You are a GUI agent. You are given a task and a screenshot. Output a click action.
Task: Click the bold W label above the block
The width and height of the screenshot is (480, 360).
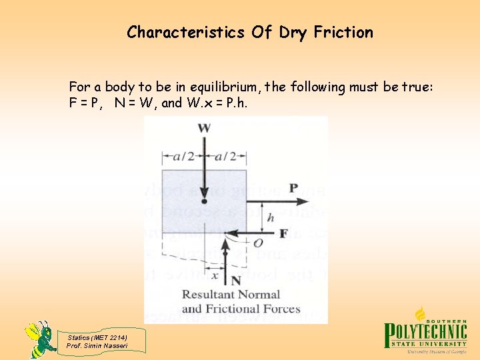click(205, 127)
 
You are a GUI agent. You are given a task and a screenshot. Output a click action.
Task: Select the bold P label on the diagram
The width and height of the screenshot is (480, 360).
click(293, 188)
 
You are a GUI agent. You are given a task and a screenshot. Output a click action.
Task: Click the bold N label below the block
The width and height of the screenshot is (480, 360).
click(235, 281)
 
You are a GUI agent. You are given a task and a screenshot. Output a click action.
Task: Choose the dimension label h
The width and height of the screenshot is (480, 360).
click(270, 217)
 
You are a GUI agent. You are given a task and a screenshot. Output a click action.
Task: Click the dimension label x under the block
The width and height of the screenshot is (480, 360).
click(214, 275)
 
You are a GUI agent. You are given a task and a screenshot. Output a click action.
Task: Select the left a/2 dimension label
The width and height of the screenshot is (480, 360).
click(183, 156)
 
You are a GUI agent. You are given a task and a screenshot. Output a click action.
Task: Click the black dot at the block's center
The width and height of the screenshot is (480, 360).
click(205, 200)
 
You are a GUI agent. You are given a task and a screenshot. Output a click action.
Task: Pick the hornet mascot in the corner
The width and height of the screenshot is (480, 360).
click(40, 338)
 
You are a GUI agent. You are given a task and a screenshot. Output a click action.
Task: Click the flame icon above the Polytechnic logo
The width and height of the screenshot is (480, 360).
click(421, 313)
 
